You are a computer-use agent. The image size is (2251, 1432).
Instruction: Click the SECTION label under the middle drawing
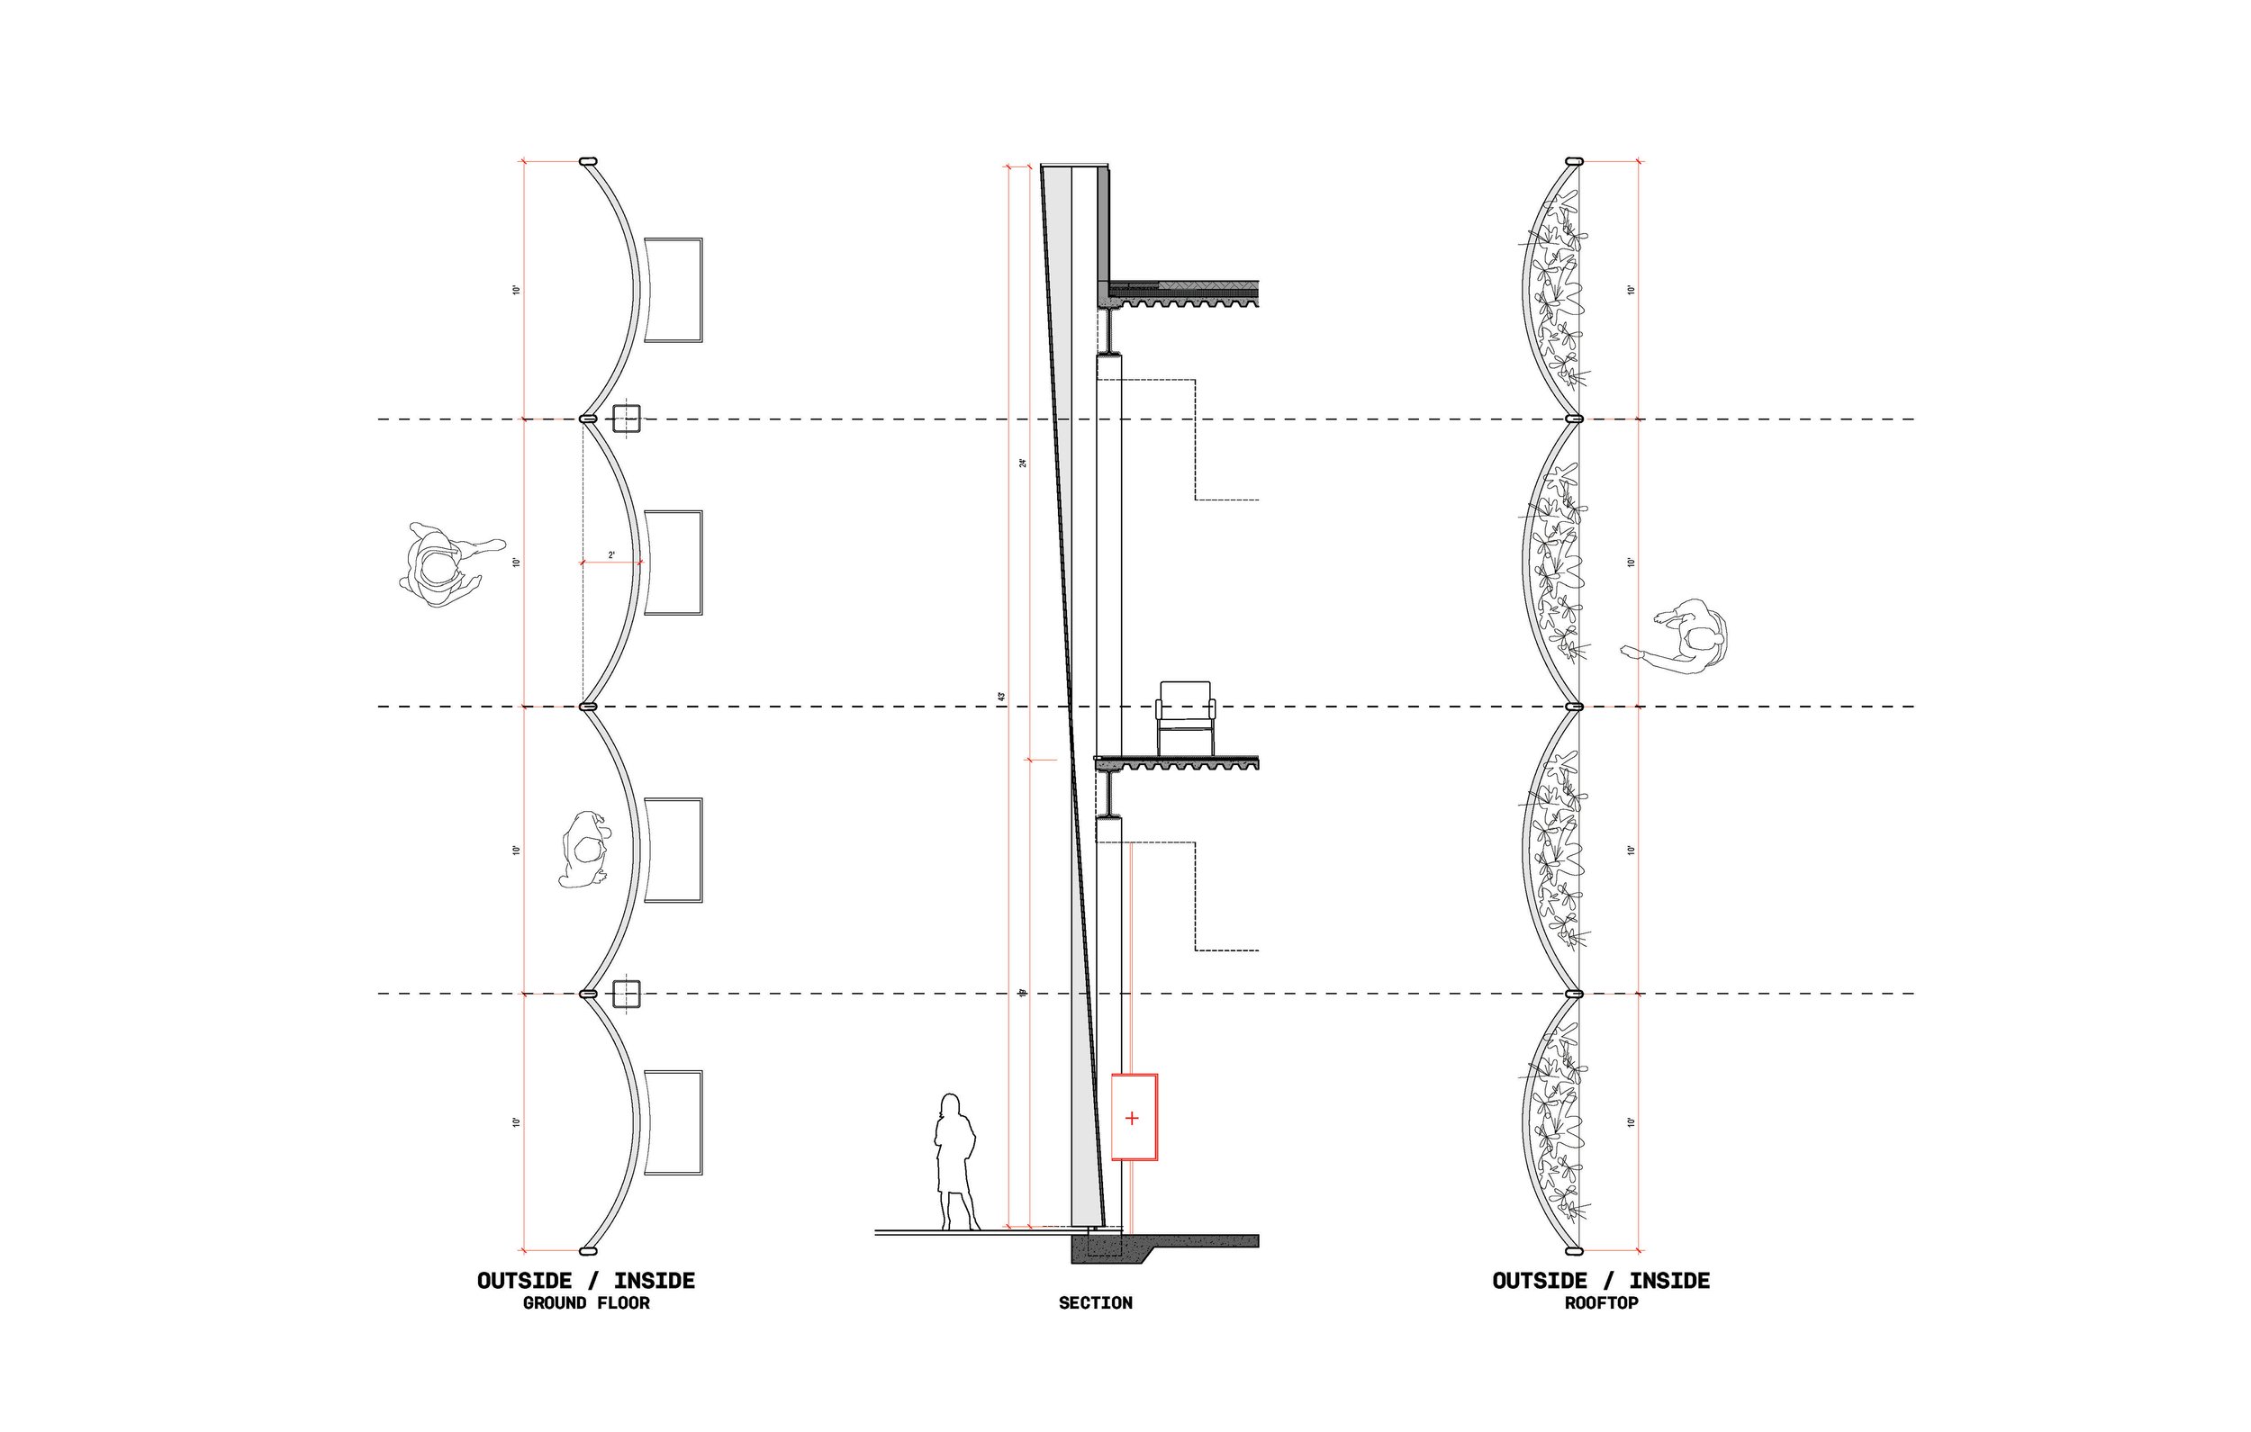coord(1095,1303)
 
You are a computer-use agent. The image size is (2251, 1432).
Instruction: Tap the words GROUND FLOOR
coord(586,1303)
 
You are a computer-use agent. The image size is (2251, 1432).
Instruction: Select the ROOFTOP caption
coord(1601,1303)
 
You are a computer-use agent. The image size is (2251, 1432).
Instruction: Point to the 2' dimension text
coord(612,555)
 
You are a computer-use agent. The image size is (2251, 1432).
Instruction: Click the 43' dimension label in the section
coord(1000,698)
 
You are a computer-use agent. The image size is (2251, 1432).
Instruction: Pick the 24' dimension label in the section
coord(1023,463)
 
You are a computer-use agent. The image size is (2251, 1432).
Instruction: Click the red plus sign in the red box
coord(1133,1118)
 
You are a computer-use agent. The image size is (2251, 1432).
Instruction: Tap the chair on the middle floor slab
coord(1186,717)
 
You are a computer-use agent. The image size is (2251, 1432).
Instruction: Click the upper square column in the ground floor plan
coord(626,419)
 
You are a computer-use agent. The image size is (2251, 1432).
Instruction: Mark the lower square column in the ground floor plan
coord(626,995)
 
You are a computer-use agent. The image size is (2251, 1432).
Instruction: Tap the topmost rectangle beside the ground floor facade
coord(673,290)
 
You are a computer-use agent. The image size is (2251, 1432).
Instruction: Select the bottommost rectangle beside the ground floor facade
coord(673,1122)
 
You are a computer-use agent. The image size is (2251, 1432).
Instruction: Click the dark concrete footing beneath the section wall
coord(1112,1249)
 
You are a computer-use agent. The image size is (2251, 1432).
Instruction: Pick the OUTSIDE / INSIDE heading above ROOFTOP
coord(1600,1281)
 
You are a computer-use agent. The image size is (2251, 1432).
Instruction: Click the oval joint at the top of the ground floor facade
coord(588,162)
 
